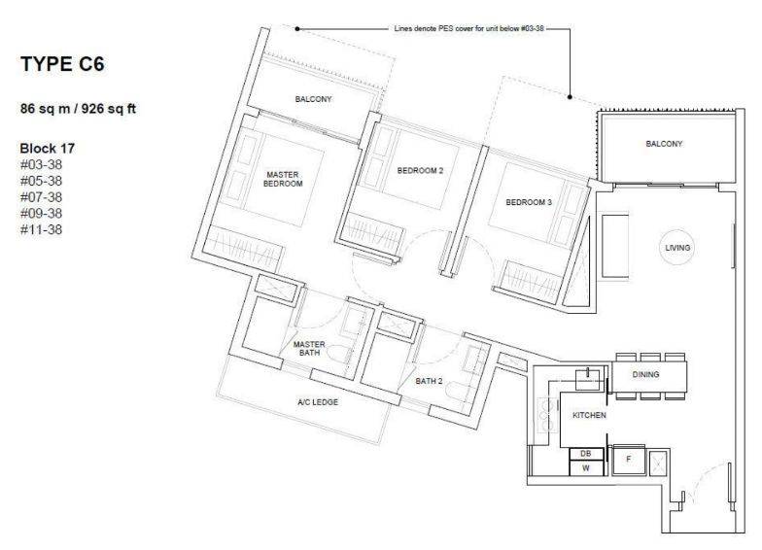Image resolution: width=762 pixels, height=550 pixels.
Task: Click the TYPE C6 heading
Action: click(x=62, y=64)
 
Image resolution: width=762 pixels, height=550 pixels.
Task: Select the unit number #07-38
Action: click(x=41, y=197)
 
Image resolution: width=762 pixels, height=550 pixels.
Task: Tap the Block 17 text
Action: click(x=48, y=148)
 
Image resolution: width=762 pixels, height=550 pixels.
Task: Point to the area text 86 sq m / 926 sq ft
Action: click(x=78, y=109)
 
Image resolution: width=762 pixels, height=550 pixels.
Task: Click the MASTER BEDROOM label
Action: click(x=283, y=179)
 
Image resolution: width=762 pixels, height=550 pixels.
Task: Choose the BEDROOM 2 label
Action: click(x=420, y=171)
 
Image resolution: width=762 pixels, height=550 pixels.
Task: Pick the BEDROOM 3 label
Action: click(x=529, y=202)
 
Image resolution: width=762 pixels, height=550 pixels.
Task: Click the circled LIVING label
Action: click(x=677, y=248)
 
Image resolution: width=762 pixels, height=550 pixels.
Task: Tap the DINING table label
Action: click(x=645, y=375)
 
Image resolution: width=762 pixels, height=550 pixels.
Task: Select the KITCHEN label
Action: click(x=589, y=416)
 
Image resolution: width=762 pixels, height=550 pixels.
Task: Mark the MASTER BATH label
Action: click(x=309, y=348)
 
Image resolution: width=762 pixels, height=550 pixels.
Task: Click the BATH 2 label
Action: click(x=430, y=381)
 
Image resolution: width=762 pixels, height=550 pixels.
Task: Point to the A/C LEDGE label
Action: click(x=318, y=402)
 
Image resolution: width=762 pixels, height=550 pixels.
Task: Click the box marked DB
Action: click(x=586, y=454)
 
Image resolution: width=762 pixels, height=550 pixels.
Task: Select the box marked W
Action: click(x=586, y=468)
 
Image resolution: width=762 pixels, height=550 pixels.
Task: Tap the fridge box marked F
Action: click(x=628, y=459)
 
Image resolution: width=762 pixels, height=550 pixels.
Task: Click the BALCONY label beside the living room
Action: click(x=664, y=144)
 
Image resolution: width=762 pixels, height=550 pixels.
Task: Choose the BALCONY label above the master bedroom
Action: click(x=313, y=99)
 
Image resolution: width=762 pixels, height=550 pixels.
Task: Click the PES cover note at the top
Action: click(x=468, y=29)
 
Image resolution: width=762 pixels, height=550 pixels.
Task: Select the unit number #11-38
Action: click(x=41, y=229)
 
